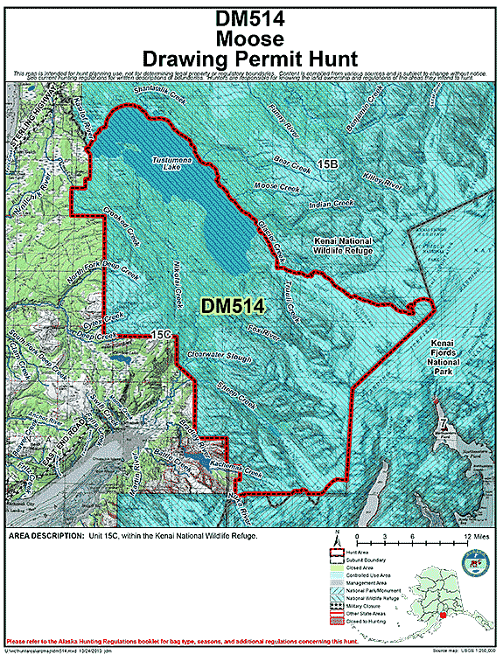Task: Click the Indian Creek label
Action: pyautogui.click(x=332, y=204)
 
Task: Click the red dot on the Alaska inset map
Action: pyautogui.click(x=442, y=616)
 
